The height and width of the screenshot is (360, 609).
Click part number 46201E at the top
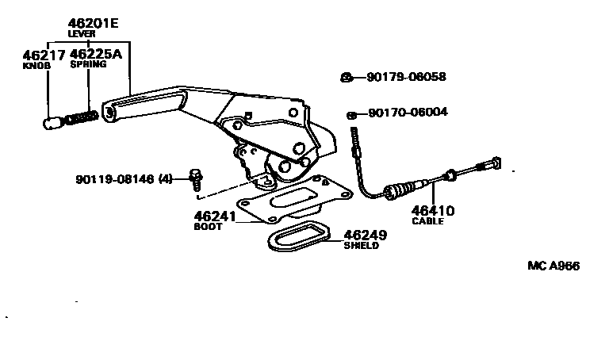pyautogui.click(x=89, y=24)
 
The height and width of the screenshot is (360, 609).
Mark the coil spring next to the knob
pyautogui.click(x=82, y=118)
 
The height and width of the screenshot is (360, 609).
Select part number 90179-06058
pyautogui.click(x=406, y=77)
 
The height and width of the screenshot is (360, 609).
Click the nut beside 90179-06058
pyautogui.click(x=347, y=77)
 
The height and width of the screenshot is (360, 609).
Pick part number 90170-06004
pyautogui.click(x=408, y=113)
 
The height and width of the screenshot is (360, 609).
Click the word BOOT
pyautogui.click(x=209, y=226)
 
